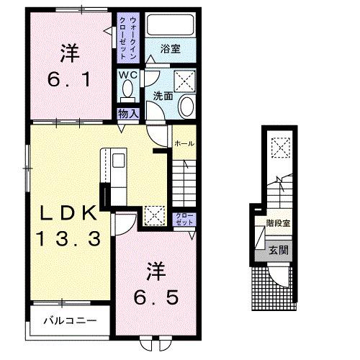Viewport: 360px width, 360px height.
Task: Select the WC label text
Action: [x=127, y=73]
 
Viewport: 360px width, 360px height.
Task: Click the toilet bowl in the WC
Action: [x=127, y=91]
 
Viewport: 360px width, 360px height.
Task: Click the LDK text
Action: [x=68, y=212]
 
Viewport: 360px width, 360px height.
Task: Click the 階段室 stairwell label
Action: [x=277, y=224]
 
